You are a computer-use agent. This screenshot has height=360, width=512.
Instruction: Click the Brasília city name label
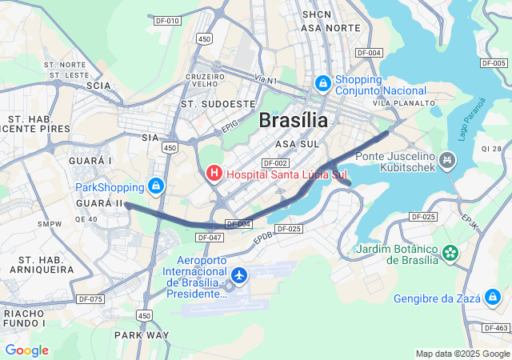(293, 121)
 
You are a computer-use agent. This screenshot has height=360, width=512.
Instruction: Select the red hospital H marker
(214, 173)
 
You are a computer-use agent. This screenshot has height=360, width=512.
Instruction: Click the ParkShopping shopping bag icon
(156, 187)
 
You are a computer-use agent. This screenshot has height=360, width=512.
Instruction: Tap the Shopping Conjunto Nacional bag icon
(322, 82)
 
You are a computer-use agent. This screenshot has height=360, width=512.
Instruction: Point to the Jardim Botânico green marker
(451, 253)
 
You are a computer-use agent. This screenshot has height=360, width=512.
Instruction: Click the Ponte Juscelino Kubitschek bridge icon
(448, 162)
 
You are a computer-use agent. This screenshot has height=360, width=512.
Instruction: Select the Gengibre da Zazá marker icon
(494, 298)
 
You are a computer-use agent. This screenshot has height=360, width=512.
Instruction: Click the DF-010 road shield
(168, 21)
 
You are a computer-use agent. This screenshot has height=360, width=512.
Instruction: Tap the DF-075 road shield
(90, 299)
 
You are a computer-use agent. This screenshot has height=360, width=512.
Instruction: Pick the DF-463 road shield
(497, 328)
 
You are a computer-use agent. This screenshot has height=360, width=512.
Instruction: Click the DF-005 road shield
(494, 62)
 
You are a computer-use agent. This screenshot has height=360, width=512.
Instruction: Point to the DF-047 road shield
(209, 238)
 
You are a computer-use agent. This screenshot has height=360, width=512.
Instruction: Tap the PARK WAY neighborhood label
(142, 334)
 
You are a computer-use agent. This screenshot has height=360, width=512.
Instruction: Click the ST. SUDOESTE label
(218, 103)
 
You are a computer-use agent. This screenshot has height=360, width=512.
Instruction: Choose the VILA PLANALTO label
(404, 103)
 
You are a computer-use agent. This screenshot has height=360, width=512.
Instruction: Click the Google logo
(26, 350)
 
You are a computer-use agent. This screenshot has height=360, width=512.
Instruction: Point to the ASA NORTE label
(319, 28)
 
